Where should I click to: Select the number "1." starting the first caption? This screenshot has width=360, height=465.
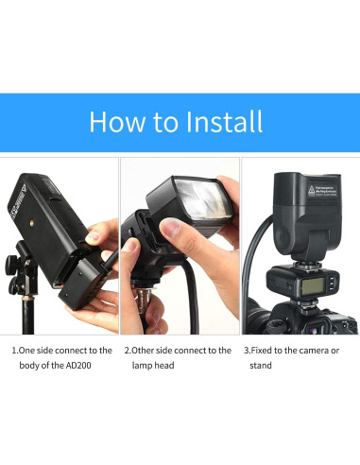[16, 350]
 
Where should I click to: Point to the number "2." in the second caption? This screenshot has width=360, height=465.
[129, 350]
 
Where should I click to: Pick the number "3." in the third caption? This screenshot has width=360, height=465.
[249, 350]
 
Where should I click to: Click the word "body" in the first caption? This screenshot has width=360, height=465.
[33, 366]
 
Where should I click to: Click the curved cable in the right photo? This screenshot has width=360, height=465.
[249, 269]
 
